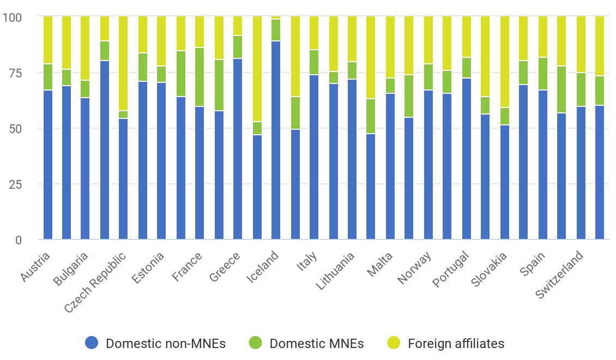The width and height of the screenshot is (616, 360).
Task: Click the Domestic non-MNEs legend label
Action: point(165,344)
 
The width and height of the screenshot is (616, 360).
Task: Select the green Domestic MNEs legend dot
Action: point(255,343)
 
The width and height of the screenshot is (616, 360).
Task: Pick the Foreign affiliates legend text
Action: point(456,344)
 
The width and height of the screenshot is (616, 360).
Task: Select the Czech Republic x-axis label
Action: point(96,282)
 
